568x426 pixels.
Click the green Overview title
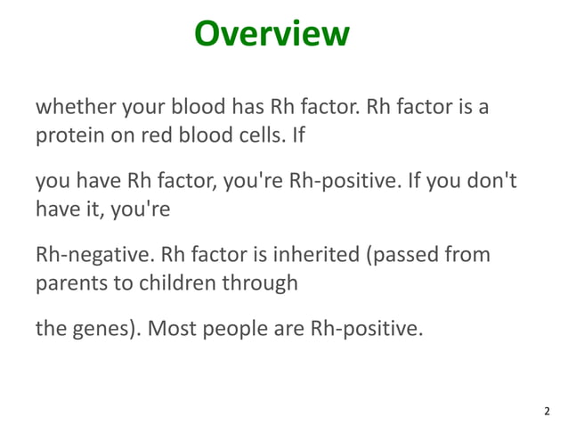click(x=272, y=34)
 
